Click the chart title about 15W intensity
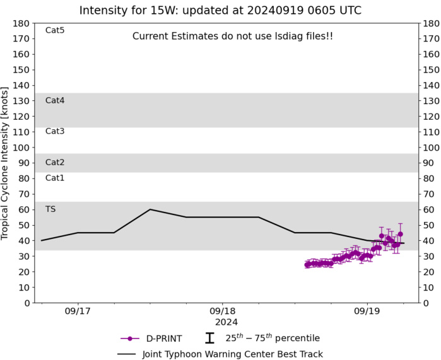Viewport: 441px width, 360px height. pyautogui.click(x=220, y=10)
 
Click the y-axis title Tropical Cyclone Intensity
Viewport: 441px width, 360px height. pyautogui.click(x=6, y=163)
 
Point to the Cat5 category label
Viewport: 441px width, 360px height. pyautogui.click(x=55, y=30)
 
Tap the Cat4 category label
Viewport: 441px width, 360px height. pyautogui.click(x=55, y=100)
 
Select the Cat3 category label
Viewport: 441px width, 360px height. pyautogui.click(x=55, y=131)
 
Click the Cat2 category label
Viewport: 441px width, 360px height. pyautogui.click(x=55, y=162)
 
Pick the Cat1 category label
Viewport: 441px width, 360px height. pyautogui.click(x=55, y=178)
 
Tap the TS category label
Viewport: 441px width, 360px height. pyautogui.click(x=50, y=209)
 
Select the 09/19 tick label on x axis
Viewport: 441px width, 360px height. pyautogui.click(x=367, y=311)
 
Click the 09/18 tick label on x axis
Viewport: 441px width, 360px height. pyautogui.click(x=222, y=311)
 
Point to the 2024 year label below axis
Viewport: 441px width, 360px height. pyautogui.click(x=222, y=322)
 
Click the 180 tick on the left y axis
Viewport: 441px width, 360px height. pyautogui.click(x=22, y=23)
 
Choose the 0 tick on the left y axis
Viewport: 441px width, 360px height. pyautogui.click(x=26, y=303)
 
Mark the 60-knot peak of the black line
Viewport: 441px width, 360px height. pyautogui.click(x=150, y=209)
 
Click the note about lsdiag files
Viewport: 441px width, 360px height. pyautogui.click(x=232, y=37)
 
